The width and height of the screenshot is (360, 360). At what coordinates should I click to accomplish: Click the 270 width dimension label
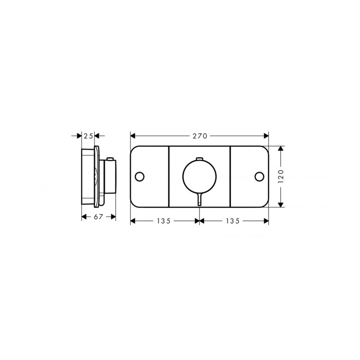click(200, 136)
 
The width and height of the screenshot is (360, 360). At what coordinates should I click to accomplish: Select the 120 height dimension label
click(281, 176)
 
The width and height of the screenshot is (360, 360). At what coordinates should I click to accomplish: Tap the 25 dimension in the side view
click(88, 136)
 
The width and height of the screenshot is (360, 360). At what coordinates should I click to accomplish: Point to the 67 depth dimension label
click(98, 217)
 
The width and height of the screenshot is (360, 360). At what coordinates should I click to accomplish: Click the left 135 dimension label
click(164, 221)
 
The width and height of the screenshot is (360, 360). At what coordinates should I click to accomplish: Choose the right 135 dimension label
click(233, 221)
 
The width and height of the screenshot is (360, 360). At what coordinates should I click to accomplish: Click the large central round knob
click(199, 176)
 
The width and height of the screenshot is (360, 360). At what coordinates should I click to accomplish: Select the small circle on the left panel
click(139, 176)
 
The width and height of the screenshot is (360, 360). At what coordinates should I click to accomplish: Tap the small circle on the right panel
click(260, 176)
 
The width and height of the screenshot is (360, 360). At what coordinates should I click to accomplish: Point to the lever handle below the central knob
click(199, 199)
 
